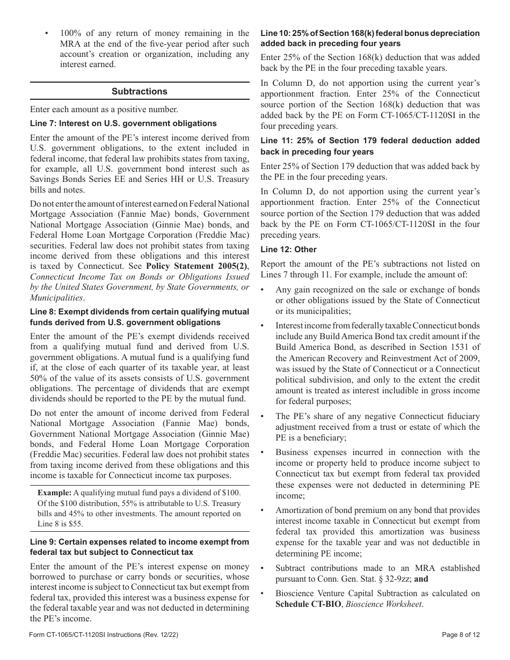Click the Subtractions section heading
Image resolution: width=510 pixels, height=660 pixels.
[140, 91]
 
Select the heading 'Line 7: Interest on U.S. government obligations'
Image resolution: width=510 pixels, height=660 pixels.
[123, 123]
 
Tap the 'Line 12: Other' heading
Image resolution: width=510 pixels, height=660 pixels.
[288, 250]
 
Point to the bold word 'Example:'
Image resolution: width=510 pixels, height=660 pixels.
[54, 493]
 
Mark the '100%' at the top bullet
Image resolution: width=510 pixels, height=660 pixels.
[70, 33]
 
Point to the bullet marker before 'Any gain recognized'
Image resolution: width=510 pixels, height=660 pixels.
[263, 290]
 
